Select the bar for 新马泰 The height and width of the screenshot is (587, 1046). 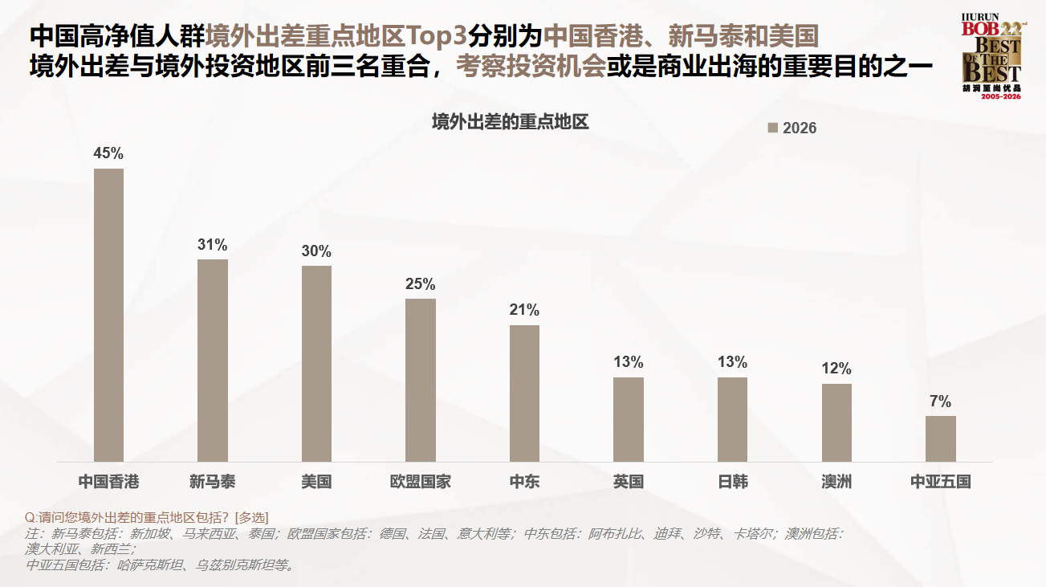(x=213, y=361)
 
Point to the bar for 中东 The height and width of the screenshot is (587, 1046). (x=524, y=393)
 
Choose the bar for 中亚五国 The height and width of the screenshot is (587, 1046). (x=940, y=438)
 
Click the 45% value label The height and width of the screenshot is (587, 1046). (x=108, y=153)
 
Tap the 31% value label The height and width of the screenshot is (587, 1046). (x=213, y=245)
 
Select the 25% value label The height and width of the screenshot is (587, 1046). (x=421, y=284)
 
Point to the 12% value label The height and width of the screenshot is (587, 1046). (x=836, y=369)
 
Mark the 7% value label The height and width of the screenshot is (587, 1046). (x=940, y=402)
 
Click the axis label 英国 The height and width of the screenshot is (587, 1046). (x=629, y=482)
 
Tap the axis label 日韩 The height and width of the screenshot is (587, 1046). (x=732, y=482)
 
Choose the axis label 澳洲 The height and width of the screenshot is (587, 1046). (x=836, y=482)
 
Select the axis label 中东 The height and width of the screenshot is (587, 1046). (x=524, y=482)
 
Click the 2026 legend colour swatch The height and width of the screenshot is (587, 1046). (x=773, y=128)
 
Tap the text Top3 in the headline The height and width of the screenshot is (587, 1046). (x=437, y=36)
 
